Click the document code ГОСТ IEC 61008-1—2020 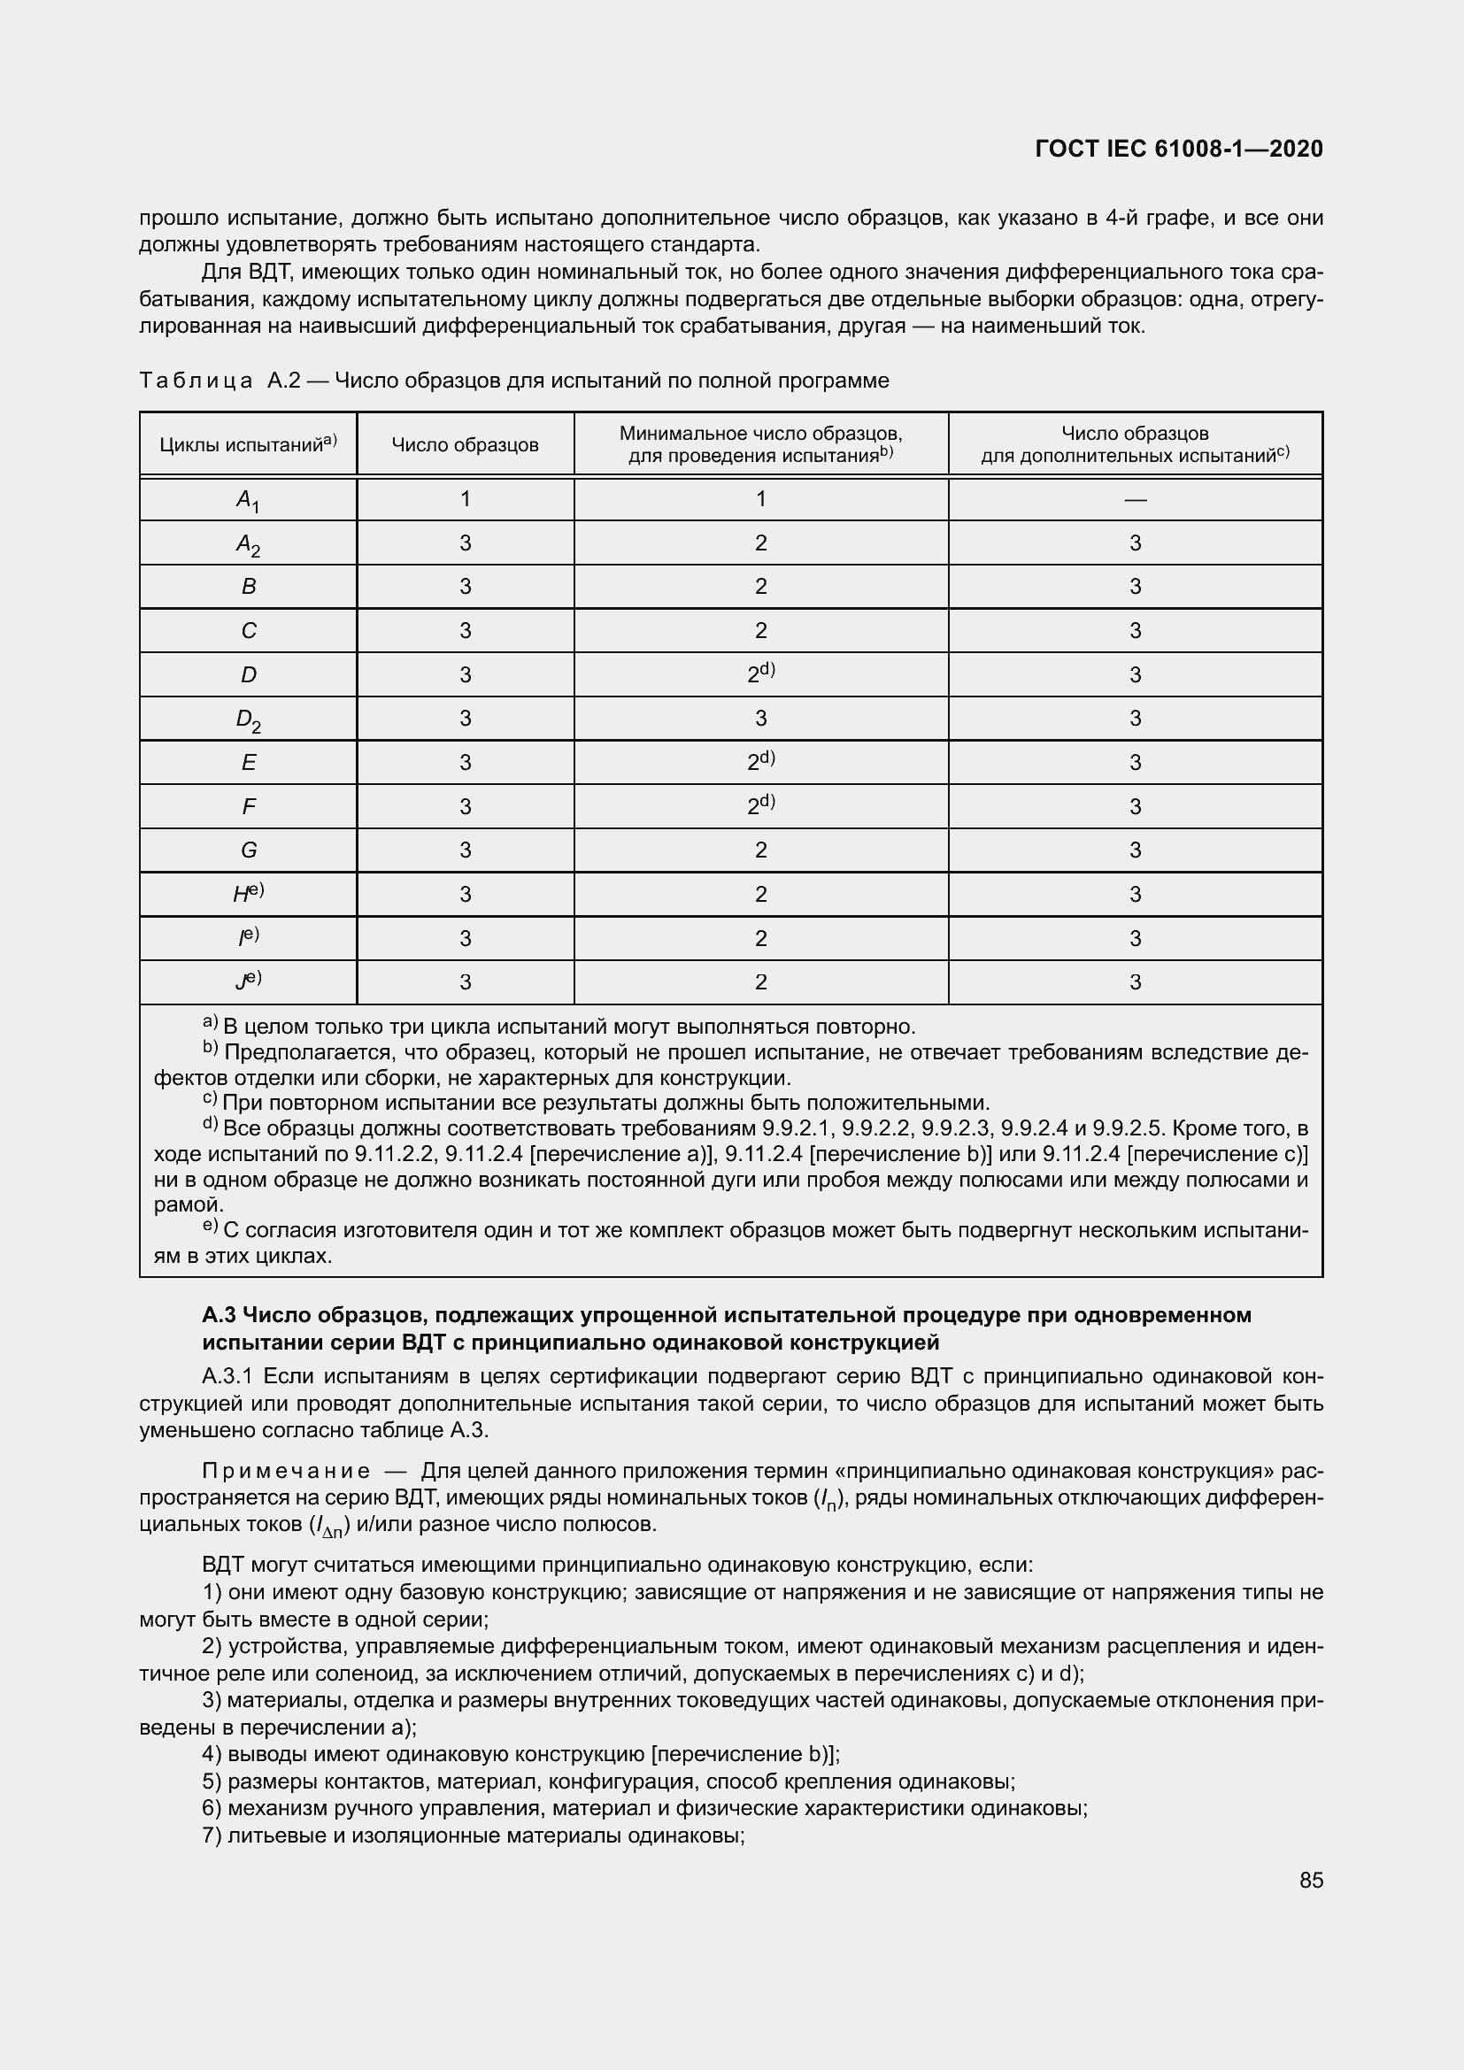tap(1178, 149)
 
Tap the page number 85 tap(1311, 1880)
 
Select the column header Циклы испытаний tap(248, 443)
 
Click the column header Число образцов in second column tap(465, 444)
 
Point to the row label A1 tap(248, 500)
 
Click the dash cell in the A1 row tap(1135, 499)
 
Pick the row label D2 tap(248, 719)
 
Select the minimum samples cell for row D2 tap(760, 719)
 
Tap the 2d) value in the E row tap(760, 762)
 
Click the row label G tap(248, 850)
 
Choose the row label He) tap(248, 894)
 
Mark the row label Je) tap(248, 981)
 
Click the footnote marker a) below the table tap(209, 1022)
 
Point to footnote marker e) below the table tap(209, 1225)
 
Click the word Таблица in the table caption tap(196, 381)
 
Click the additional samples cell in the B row tap(1135, 587)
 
